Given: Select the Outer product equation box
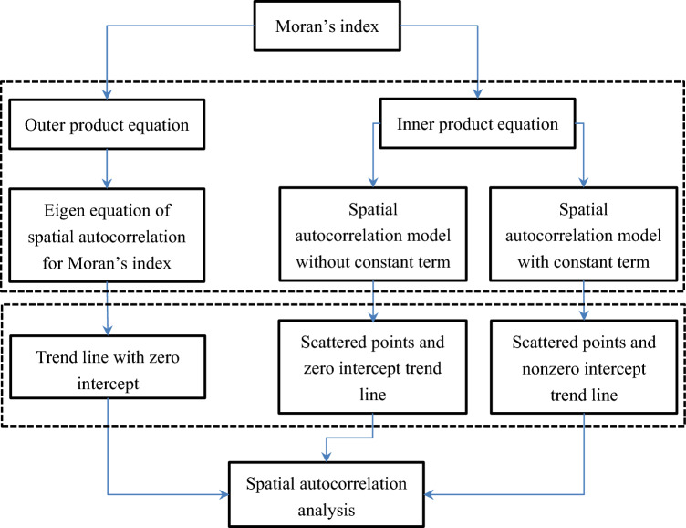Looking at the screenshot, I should point(109,126).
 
